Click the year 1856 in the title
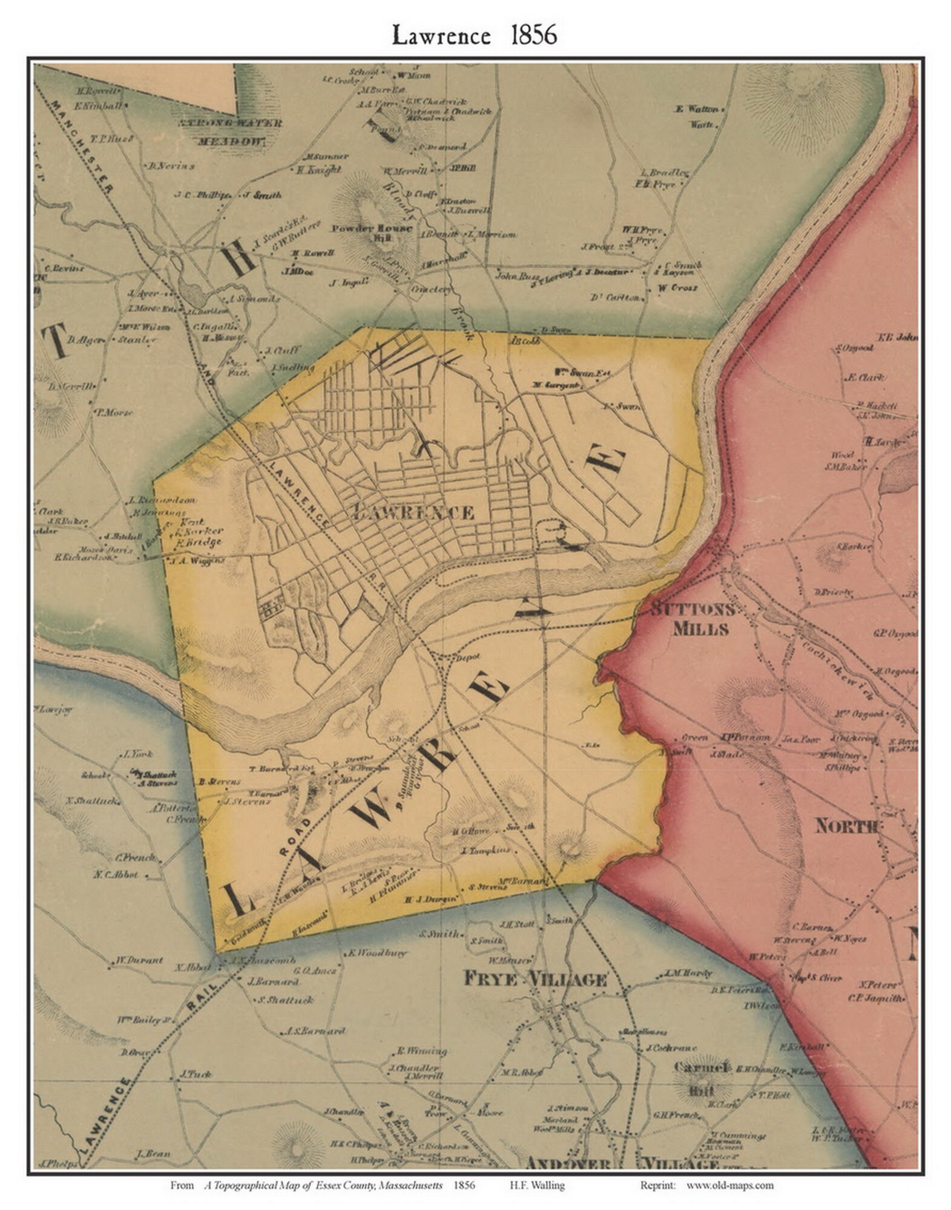(x=533, y=36)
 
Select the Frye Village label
(x=535, y=978)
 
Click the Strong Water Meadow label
(x=230, y=132)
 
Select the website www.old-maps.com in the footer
(x=729, y=1185)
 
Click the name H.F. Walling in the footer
(x=542, y=1185)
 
